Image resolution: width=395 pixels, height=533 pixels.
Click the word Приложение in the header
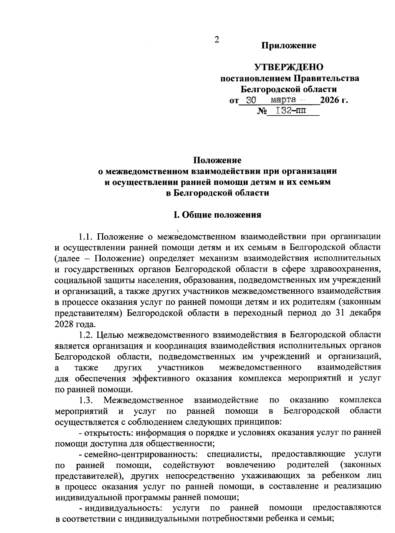(289, 45)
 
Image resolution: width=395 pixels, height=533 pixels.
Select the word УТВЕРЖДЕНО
(289, 68)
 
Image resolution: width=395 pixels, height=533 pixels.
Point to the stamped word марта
(283, 99)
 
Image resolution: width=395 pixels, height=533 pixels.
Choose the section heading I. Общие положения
(217, 215)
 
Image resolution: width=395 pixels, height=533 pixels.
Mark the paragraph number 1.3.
(86, 400)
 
